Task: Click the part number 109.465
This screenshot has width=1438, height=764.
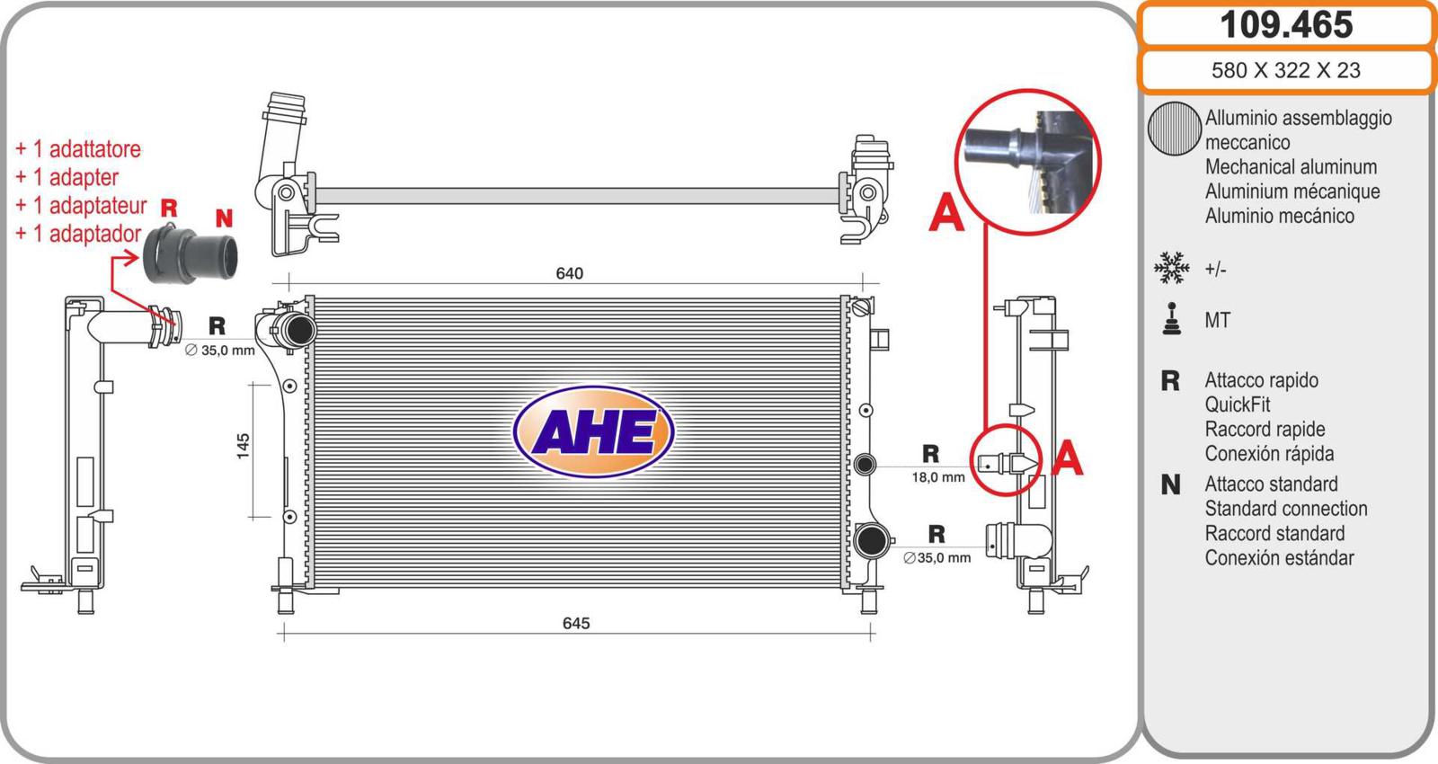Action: tap(1286, 24)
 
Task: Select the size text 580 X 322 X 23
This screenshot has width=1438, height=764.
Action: tap(1286, 70)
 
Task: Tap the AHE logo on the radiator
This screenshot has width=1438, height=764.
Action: tap(593, 431)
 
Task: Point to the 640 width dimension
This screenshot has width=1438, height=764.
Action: tap(570, 273)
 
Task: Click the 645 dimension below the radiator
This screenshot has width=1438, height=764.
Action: tap(576, 623)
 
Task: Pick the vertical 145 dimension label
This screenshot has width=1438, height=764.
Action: tap(243, 446)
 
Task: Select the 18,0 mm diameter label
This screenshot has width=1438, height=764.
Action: tap(938, 477)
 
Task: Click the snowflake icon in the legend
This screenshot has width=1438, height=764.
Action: tap(1172, 268)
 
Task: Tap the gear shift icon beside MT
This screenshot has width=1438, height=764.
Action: tap(1172, 319)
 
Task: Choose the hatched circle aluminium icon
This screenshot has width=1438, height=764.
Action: tap(1174, 129)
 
